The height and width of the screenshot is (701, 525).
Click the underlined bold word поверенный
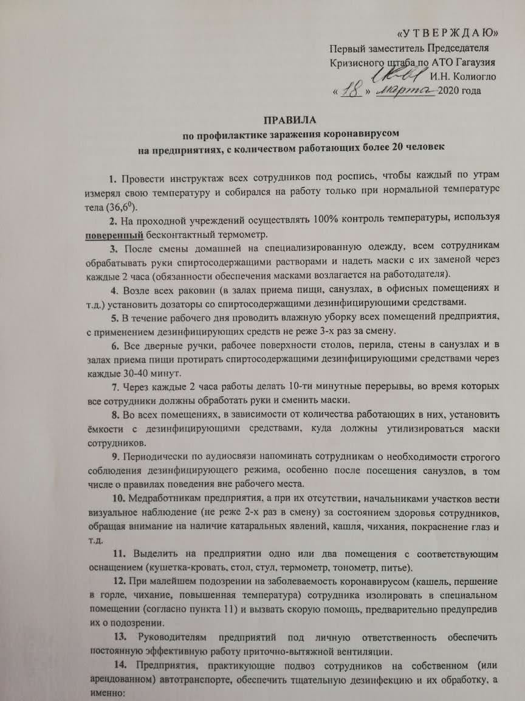(114, 235)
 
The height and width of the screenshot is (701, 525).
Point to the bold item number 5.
(114, 318)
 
